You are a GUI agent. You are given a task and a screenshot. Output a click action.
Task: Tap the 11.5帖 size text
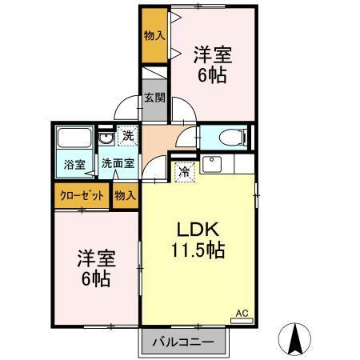[x=196, y=250]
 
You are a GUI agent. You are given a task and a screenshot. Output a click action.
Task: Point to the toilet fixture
[x=229, y=136]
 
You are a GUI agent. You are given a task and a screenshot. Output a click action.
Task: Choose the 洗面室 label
[x=117, y=164]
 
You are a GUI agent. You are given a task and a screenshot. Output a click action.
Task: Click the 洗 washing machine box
[x=128, y=137]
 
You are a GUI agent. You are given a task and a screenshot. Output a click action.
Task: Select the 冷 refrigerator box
[x=184, y=170]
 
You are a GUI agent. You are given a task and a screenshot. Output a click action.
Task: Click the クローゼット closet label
[x=82, y=195]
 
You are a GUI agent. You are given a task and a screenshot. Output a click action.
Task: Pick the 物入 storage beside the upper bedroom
[x=154, y=35]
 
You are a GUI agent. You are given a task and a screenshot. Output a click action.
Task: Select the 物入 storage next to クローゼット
[x=124, y=195]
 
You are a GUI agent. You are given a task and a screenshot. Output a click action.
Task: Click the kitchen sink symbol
[x=213, y=166]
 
